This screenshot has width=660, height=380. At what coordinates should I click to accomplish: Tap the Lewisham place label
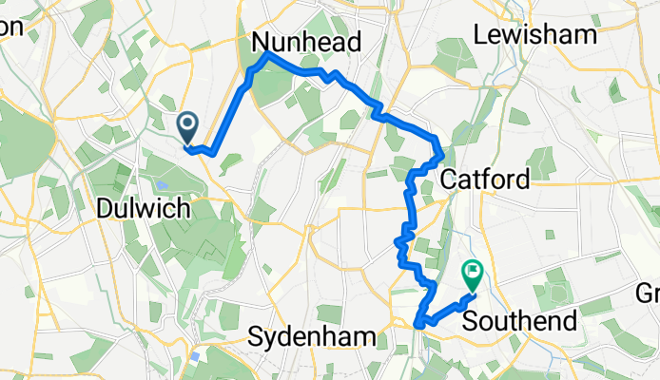pos(535,35)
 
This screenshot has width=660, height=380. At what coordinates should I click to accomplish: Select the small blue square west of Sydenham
pos(195,356)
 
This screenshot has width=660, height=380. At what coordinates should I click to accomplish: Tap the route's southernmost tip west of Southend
pos(419,327)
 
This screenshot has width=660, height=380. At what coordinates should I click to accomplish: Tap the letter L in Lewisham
pos(479,35)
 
